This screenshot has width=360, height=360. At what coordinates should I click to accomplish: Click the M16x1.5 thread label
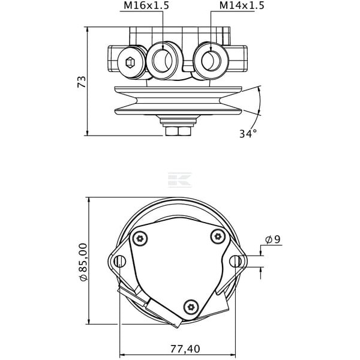point(146,6)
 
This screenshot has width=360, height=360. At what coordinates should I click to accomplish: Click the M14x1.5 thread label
point(242,6)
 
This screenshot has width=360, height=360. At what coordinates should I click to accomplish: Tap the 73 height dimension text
point(82,82)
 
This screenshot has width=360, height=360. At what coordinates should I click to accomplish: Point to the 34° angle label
point(248,134)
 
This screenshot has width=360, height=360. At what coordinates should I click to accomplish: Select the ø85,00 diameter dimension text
point(83,262)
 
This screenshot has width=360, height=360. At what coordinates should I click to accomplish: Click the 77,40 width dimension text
point(185,349)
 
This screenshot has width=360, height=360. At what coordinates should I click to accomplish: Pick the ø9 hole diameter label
point(273,239)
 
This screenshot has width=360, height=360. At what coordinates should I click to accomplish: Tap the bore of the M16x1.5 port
point(163,61)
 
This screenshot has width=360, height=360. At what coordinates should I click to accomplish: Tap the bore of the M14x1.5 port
point(211,61)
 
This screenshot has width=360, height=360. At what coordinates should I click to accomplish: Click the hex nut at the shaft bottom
point(178,131)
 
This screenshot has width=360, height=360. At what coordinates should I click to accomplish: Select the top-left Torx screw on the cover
point(140,239)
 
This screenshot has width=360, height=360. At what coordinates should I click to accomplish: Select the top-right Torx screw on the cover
point(218,236)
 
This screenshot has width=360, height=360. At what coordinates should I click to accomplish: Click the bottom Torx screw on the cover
point(191,307)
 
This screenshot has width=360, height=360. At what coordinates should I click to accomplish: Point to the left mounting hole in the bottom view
point(120,261)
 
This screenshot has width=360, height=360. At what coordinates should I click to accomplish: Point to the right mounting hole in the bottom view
point(236,261)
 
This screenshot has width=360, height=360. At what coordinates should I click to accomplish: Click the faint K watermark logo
point(180,179)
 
